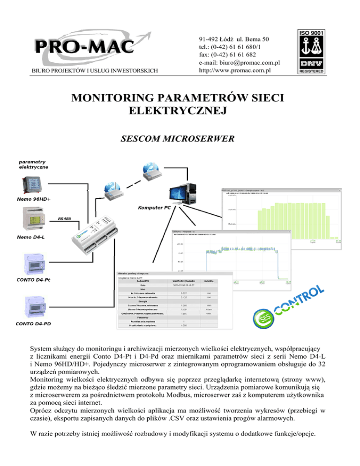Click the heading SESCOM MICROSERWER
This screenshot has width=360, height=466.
[180, 139]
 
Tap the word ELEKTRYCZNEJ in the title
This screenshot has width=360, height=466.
[180, 111]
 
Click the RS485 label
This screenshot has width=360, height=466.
[66, 218]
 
